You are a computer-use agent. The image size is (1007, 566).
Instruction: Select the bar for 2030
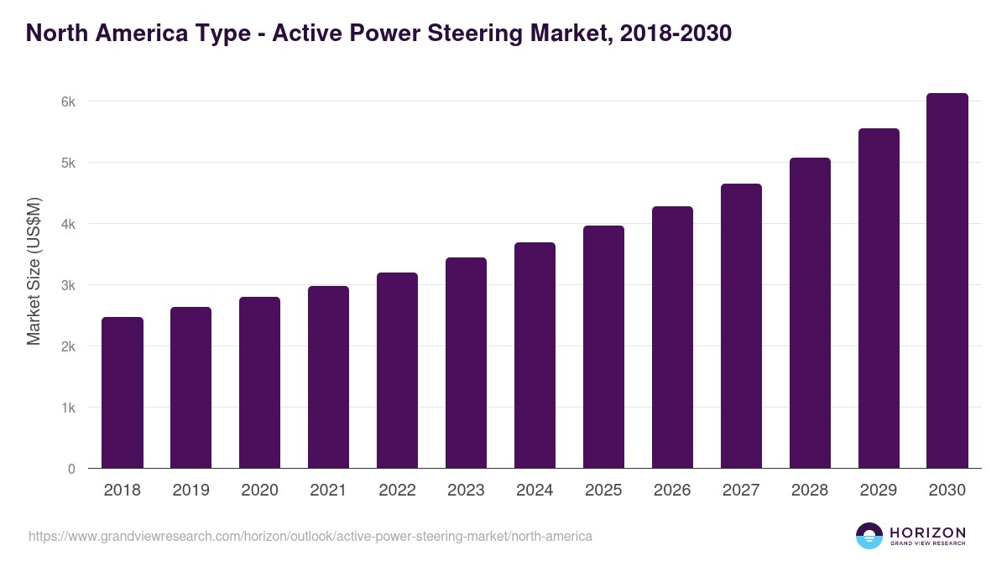tap(947, 281)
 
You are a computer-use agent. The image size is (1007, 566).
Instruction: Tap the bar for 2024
tap(535, 356)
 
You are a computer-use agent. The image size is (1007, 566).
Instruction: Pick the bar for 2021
tap(328, 377)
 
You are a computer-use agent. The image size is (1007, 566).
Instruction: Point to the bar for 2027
tap(741, 326)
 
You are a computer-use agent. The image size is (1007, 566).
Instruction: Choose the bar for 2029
tap(879, 299)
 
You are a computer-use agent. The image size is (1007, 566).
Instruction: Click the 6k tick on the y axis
tap(69, 101)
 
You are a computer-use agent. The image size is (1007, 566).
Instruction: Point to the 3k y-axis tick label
tap(69, 285)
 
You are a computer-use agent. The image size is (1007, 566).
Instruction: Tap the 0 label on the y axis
tap(71, 469)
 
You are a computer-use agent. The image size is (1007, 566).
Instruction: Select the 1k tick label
tap(69, 408)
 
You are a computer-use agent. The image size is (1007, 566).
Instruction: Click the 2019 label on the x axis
tap(190, 491)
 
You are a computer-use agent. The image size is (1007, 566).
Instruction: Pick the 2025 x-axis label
tap(603, 491)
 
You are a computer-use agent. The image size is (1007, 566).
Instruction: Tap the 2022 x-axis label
tap(397, 491)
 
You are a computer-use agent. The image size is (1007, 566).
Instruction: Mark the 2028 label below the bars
tap(810, 491)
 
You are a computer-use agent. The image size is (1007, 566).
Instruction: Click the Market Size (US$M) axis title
tap(34, 270)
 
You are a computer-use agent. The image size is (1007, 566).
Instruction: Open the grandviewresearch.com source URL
tap(310, 536)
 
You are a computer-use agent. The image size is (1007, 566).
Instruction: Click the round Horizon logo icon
tap(869, 536)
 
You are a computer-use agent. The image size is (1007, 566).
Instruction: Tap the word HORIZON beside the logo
tap(927, 532)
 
